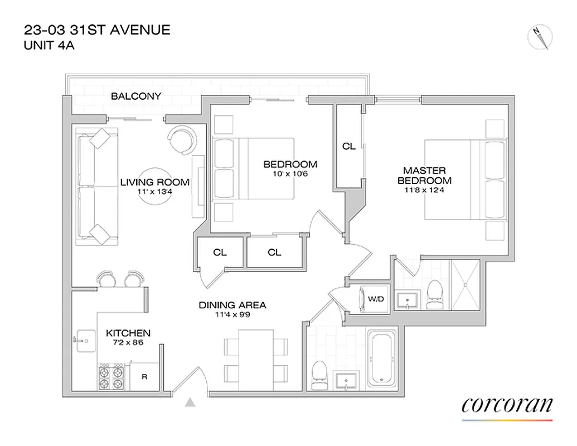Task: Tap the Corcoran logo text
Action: [507, 405]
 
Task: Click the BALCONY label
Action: [136, 96]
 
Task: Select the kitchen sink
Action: [85, 338]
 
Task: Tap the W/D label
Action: [376, 299]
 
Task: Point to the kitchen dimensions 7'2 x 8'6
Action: [128, 343]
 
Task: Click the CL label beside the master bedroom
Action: [348, 147]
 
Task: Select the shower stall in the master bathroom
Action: [464, 284]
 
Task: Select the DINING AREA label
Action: [232, 305]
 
